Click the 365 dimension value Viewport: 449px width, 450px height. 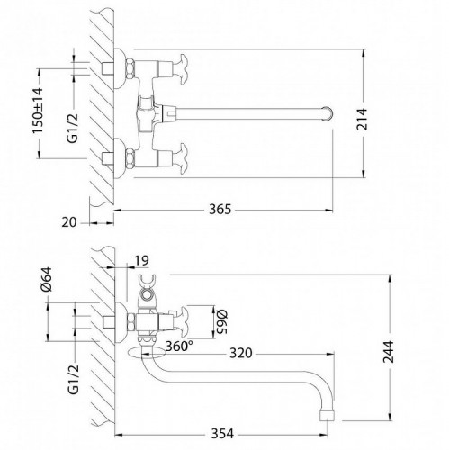point(220,210)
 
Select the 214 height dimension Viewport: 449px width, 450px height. point(362,119)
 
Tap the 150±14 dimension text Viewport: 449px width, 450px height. point(38,111)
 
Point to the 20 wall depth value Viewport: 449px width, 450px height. point(69,222)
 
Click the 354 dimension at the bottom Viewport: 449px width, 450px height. point(222,434)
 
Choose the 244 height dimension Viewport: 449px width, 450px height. point(389,352)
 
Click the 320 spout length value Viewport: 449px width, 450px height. point(241,353)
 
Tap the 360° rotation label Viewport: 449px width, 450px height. point(179,346)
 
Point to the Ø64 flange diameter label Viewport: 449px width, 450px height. point(47,279)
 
